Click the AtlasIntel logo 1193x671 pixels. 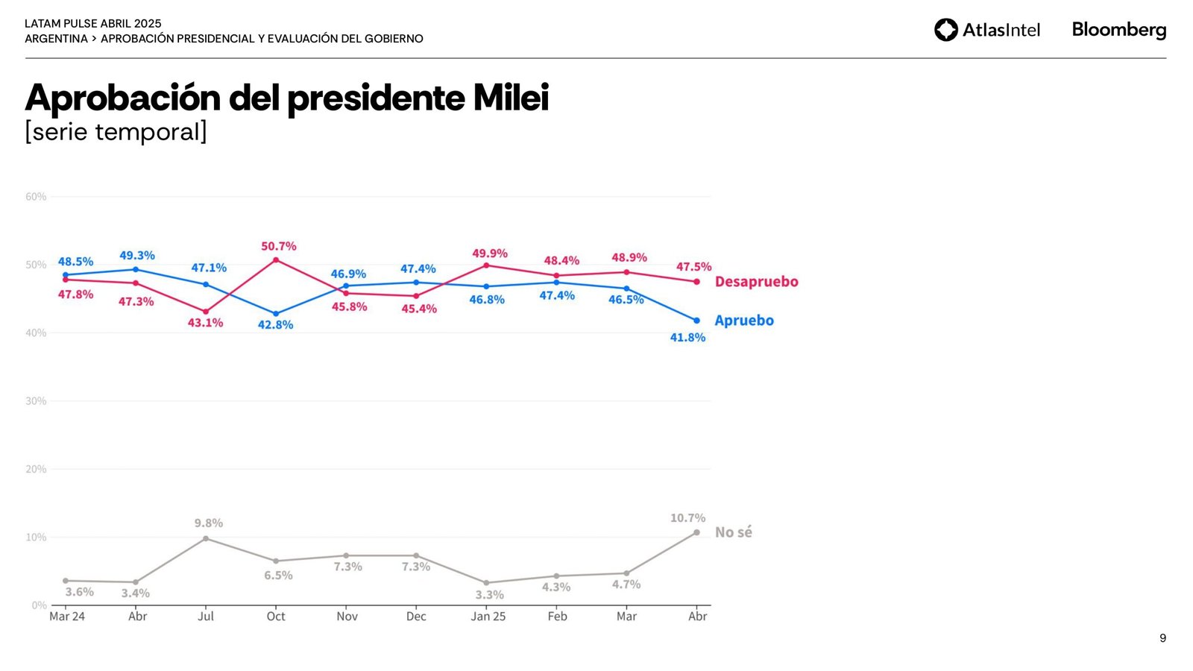point(986,30)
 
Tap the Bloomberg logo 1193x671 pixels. point(1118,30)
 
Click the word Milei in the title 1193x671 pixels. point(511,98)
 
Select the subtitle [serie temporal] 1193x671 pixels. point(116,132)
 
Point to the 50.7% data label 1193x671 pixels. point(278,246)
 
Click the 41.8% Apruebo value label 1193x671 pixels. point(687,338)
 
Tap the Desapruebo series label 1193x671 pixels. point(756,282)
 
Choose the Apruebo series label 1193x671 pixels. point(743,321)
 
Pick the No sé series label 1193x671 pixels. point(733,532)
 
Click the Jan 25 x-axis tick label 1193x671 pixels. point(488,617)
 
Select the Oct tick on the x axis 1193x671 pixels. point(276,617)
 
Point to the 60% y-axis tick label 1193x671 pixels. point(36,197)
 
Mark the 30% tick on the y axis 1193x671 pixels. point(36,401)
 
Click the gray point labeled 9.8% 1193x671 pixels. point(206,538)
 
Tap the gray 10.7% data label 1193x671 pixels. point(687,518)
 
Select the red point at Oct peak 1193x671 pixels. point(276,260)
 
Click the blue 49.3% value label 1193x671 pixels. point(137,256)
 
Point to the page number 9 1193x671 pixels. point(1162,638)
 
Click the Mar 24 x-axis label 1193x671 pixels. point(66,617)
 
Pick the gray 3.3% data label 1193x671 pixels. point(489,595)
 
